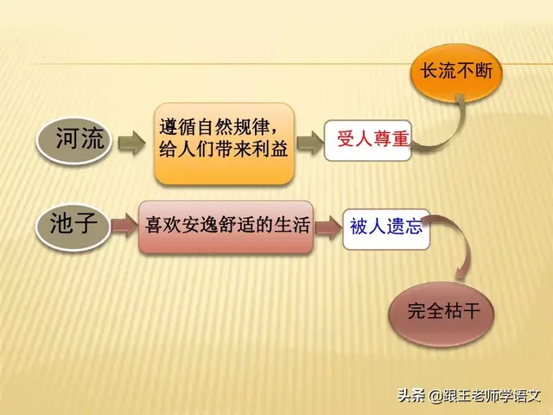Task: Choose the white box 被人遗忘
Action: point(386,228)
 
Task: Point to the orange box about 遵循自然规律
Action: point(225,143)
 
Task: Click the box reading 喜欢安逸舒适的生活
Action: point(226,228)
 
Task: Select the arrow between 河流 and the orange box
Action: point(131,141)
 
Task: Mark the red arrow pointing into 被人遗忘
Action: point(327,228)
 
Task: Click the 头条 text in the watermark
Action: point(411,396)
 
